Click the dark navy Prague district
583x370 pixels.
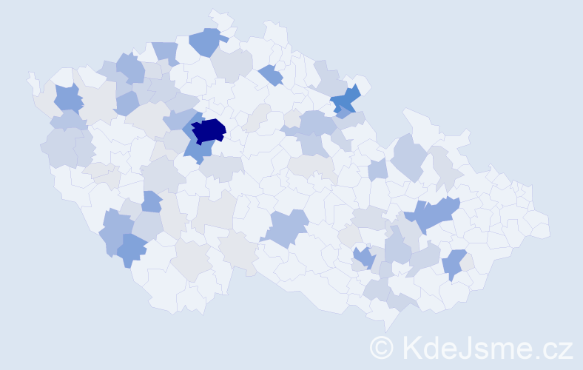coord(209,130)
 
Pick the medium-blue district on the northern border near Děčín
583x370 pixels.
coord(207,41)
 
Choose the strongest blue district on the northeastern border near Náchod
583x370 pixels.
coord(345,101)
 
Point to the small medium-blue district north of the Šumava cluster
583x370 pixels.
coord(151,201)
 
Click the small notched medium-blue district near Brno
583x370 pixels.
coord(363,258)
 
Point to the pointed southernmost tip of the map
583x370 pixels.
coord(385,326)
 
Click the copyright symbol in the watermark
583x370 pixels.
coord(381,346)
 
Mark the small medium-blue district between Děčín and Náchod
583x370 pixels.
coord(272,75)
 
